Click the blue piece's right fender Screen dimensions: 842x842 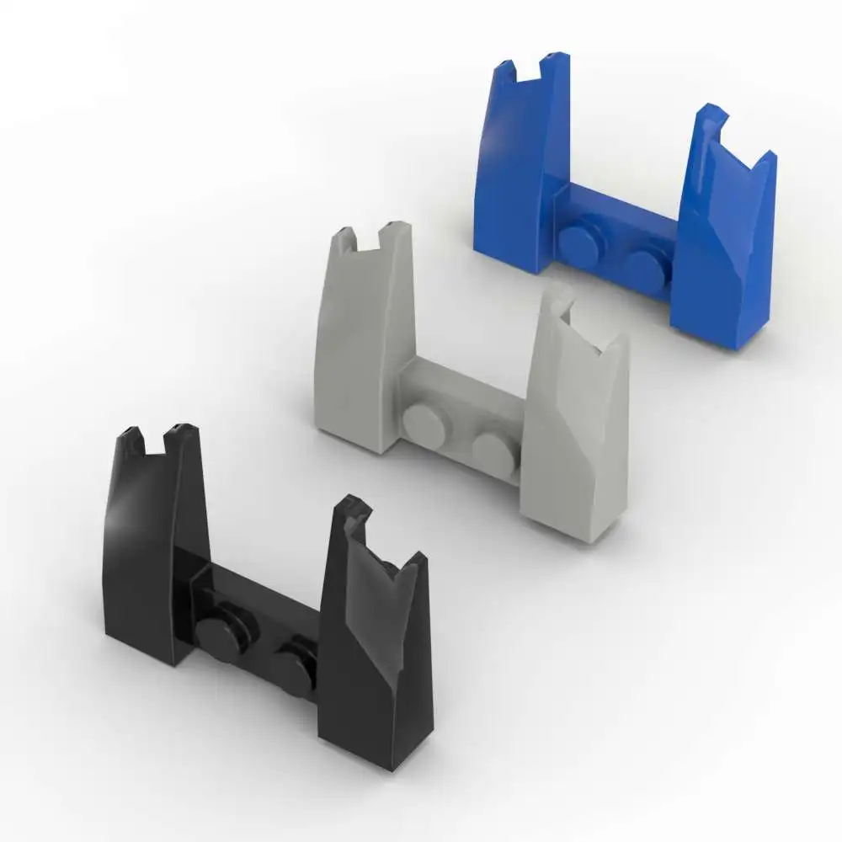(x=724, y=253)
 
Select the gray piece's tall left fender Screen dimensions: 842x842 (x=358, y=337)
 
